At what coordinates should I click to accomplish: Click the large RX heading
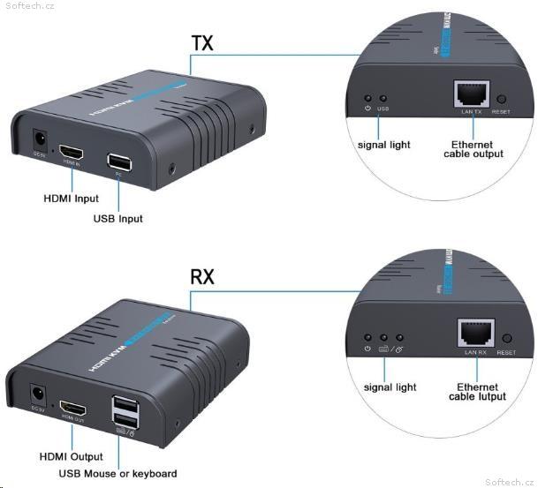point(203,277)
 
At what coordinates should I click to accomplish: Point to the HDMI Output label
point(72,456)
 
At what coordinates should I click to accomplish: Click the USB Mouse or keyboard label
point(117,474)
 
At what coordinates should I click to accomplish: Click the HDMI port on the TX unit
point(70,154)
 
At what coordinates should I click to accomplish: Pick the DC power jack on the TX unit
point(39,141)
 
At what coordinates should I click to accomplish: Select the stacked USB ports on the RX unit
point(124,410)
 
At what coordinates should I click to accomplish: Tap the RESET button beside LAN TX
point(503,101)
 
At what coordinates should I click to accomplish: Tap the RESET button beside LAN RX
point(506,339)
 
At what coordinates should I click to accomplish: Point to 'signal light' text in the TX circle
point(383,145)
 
